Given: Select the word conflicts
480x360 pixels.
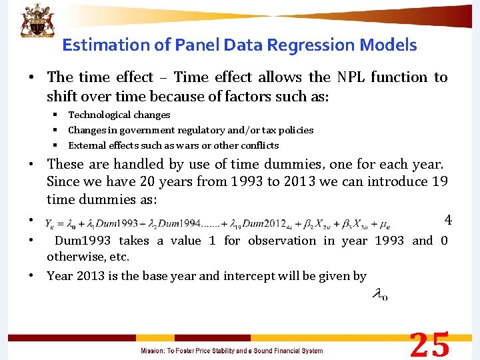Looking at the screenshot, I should [x=256, y=145].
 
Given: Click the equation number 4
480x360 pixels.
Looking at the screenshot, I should [x=448, y=220].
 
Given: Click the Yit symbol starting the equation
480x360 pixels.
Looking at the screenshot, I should [x=51, y=223].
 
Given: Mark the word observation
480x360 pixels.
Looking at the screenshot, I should [x=281, y=241].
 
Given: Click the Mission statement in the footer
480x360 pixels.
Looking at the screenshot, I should [x=231, y=351].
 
